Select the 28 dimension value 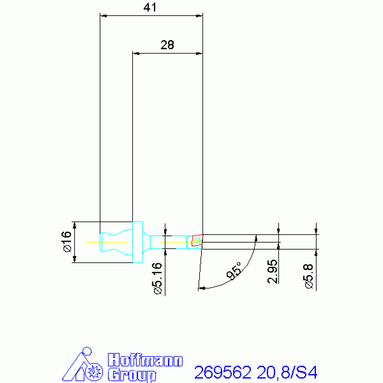point(167,45)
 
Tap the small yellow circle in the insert point(197,241)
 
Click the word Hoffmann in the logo point(145,361)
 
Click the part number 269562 point(223,373)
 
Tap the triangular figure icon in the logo point(83,365)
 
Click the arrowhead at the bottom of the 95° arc point(201,288)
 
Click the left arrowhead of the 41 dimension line point(103,15)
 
